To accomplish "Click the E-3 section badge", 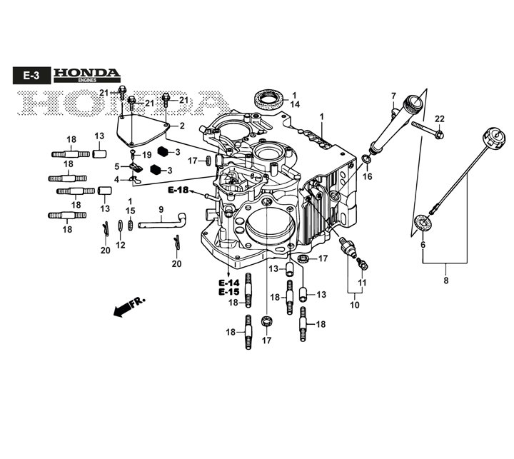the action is [32, 76].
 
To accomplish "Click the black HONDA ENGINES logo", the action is [87, 75].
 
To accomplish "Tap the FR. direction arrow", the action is [128, 307].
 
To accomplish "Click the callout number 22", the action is [440, 118].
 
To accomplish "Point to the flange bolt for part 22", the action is [428, 129].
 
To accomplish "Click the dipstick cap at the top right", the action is [494, 138].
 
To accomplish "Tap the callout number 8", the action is [445, 281].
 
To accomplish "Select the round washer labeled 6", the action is [422, 223].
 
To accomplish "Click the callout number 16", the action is [368, 176].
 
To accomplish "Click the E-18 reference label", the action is [178, 190].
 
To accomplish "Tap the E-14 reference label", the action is [229, 283].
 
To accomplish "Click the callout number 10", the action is [355, 305].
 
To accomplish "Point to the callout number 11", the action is [362, 283].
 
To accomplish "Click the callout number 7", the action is [393, 96].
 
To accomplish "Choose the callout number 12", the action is [121, 245].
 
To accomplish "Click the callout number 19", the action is [147, 155].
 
